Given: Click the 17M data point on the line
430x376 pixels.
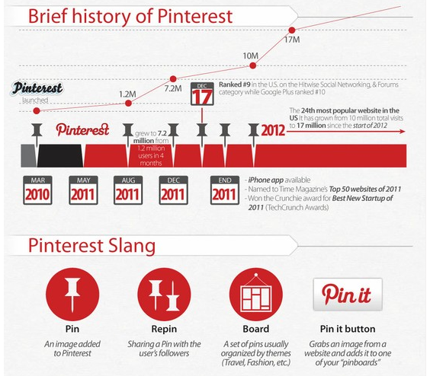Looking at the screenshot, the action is click(x=292, y=30).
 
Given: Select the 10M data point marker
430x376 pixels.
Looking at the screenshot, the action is click(x=253, y=65).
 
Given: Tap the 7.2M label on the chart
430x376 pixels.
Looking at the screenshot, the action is click(x=173, y=89).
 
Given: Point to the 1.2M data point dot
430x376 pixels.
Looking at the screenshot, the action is click(x=128, y=104).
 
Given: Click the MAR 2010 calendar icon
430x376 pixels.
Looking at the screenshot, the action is click(x=37, y=190).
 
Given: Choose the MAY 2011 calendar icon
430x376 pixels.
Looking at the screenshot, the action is click(x=83, y=190).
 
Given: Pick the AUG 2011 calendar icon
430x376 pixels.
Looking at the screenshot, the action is click(x=128, y=190).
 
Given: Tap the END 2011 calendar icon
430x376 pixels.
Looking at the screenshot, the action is click(x=225, y=190).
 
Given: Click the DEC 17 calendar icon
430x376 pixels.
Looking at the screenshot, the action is click(x=202, y=94).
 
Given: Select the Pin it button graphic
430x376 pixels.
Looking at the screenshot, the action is click(x=348, y=295).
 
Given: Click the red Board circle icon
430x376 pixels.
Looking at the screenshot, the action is click(x=256, y=294).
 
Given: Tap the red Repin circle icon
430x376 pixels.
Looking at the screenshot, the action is click(x=164, y=294).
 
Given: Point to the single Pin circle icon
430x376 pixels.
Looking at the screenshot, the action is click(x=72, y=294).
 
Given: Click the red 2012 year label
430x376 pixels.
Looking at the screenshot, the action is click(x=273, y=130).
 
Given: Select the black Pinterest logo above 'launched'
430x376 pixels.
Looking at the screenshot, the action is click(x=37, y=88).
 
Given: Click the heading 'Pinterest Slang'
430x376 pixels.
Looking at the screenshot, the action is click(x=91, y=246).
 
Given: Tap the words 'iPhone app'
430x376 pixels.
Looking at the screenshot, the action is click(x=266, y=180).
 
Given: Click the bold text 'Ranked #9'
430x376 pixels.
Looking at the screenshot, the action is click(x=235, y=84).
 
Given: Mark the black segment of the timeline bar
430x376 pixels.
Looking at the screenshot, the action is click(x=60, y=155).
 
